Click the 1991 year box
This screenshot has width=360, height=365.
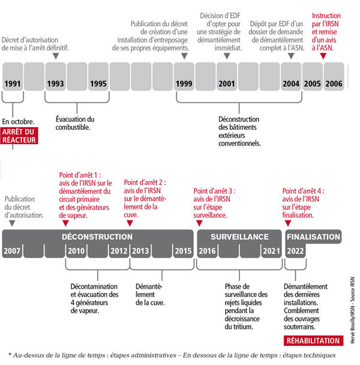pos(13,84)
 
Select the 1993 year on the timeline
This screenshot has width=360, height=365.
pos(56,84)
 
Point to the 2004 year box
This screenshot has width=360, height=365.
pos(292,84)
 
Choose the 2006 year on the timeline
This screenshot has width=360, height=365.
pos(334,84)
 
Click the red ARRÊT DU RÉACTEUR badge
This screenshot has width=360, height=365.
pos(19,135)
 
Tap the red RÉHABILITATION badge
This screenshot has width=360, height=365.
pos(313,340)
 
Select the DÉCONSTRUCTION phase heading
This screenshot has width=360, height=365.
pos(97,237)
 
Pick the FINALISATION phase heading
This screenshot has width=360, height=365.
pos(313,237)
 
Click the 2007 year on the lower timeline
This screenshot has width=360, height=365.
pos(14,250)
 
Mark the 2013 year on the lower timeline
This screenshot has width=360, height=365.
pos(140,250)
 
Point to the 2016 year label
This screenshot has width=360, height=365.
pos(208,250)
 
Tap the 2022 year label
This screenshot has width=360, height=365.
pos(295,250)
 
